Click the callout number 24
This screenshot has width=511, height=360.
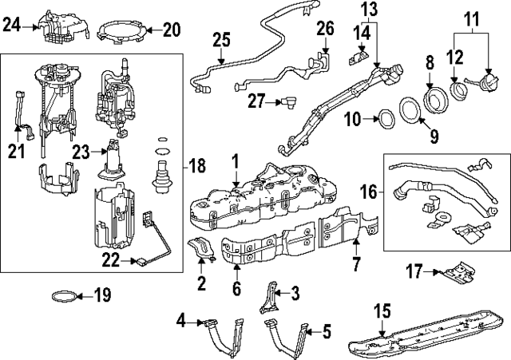click(10, 26)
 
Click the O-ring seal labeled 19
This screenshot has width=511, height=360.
click(65, 297)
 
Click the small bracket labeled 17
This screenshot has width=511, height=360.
click(457, 272)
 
